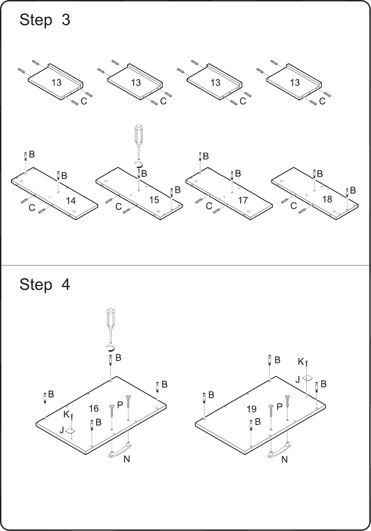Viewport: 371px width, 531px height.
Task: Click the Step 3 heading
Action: click(45, 20)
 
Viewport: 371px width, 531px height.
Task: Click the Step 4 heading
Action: click(45, 284)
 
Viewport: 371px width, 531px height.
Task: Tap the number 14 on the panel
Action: click(71, 201)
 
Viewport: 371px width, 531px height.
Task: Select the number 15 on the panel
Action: click(154, 200)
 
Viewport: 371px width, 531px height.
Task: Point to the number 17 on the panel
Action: click(243, 200)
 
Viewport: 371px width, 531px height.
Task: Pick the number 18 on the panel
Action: click(327, 199)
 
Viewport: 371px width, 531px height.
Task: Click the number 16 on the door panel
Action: click(94, 408)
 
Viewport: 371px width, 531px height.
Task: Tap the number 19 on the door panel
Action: click(251, 409)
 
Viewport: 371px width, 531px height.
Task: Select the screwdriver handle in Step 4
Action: click(110, 318)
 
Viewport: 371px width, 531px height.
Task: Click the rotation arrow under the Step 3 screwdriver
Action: click(139, 164)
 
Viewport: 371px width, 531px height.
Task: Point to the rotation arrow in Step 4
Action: click(111, 348)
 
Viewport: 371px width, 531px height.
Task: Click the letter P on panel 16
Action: click(120, 405)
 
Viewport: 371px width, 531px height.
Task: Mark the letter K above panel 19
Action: click(300, 362)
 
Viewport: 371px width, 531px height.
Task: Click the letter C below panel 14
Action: click(32, 208)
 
